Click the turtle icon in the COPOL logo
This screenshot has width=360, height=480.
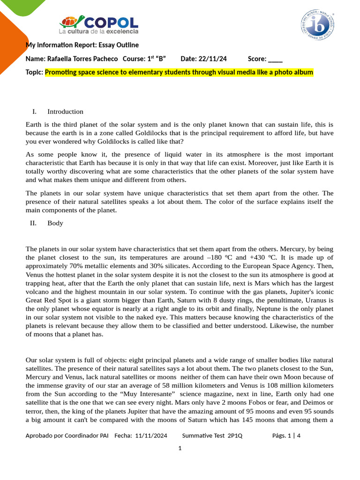(x=73, y=22)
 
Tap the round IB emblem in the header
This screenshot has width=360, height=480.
(x=317, y=25)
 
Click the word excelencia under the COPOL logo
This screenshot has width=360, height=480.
(x=122, y=31)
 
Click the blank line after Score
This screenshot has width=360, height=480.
(x=276, y=59)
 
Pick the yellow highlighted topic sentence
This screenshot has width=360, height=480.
(x=179, y=72)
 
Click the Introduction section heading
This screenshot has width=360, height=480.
(x=65, y=112)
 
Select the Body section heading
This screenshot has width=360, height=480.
(x=55, y=223)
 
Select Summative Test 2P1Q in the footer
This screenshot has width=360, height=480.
(x=212, y=435)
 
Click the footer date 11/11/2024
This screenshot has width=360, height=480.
(x=151, y=435)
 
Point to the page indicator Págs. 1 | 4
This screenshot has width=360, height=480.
(x=286, y=435)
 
